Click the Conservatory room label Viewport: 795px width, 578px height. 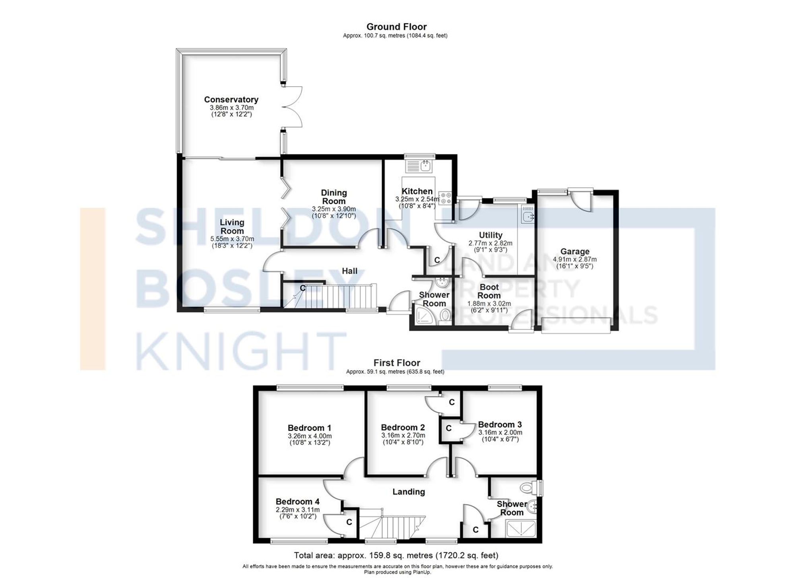[231, 100]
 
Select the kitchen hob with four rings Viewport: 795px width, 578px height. [445, 198]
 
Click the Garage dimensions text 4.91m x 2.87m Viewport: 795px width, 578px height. [574, 259]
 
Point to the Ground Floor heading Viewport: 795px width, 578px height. [396, 27]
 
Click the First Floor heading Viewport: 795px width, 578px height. [396, 363]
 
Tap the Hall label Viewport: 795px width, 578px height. [349, 271]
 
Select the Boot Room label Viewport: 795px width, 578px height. [489, 291]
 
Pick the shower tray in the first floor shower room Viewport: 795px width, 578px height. [520, 529]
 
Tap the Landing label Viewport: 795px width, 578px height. [409, 492]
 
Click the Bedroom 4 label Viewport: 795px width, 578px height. [297, 502]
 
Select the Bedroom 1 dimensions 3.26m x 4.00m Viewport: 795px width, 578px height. [310, 436]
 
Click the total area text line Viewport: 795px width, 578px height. [396, 555]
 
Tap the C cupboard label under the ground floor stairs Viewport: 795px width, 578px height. [302, 288]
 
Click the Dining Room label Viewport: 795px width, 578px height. [334, 197]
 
